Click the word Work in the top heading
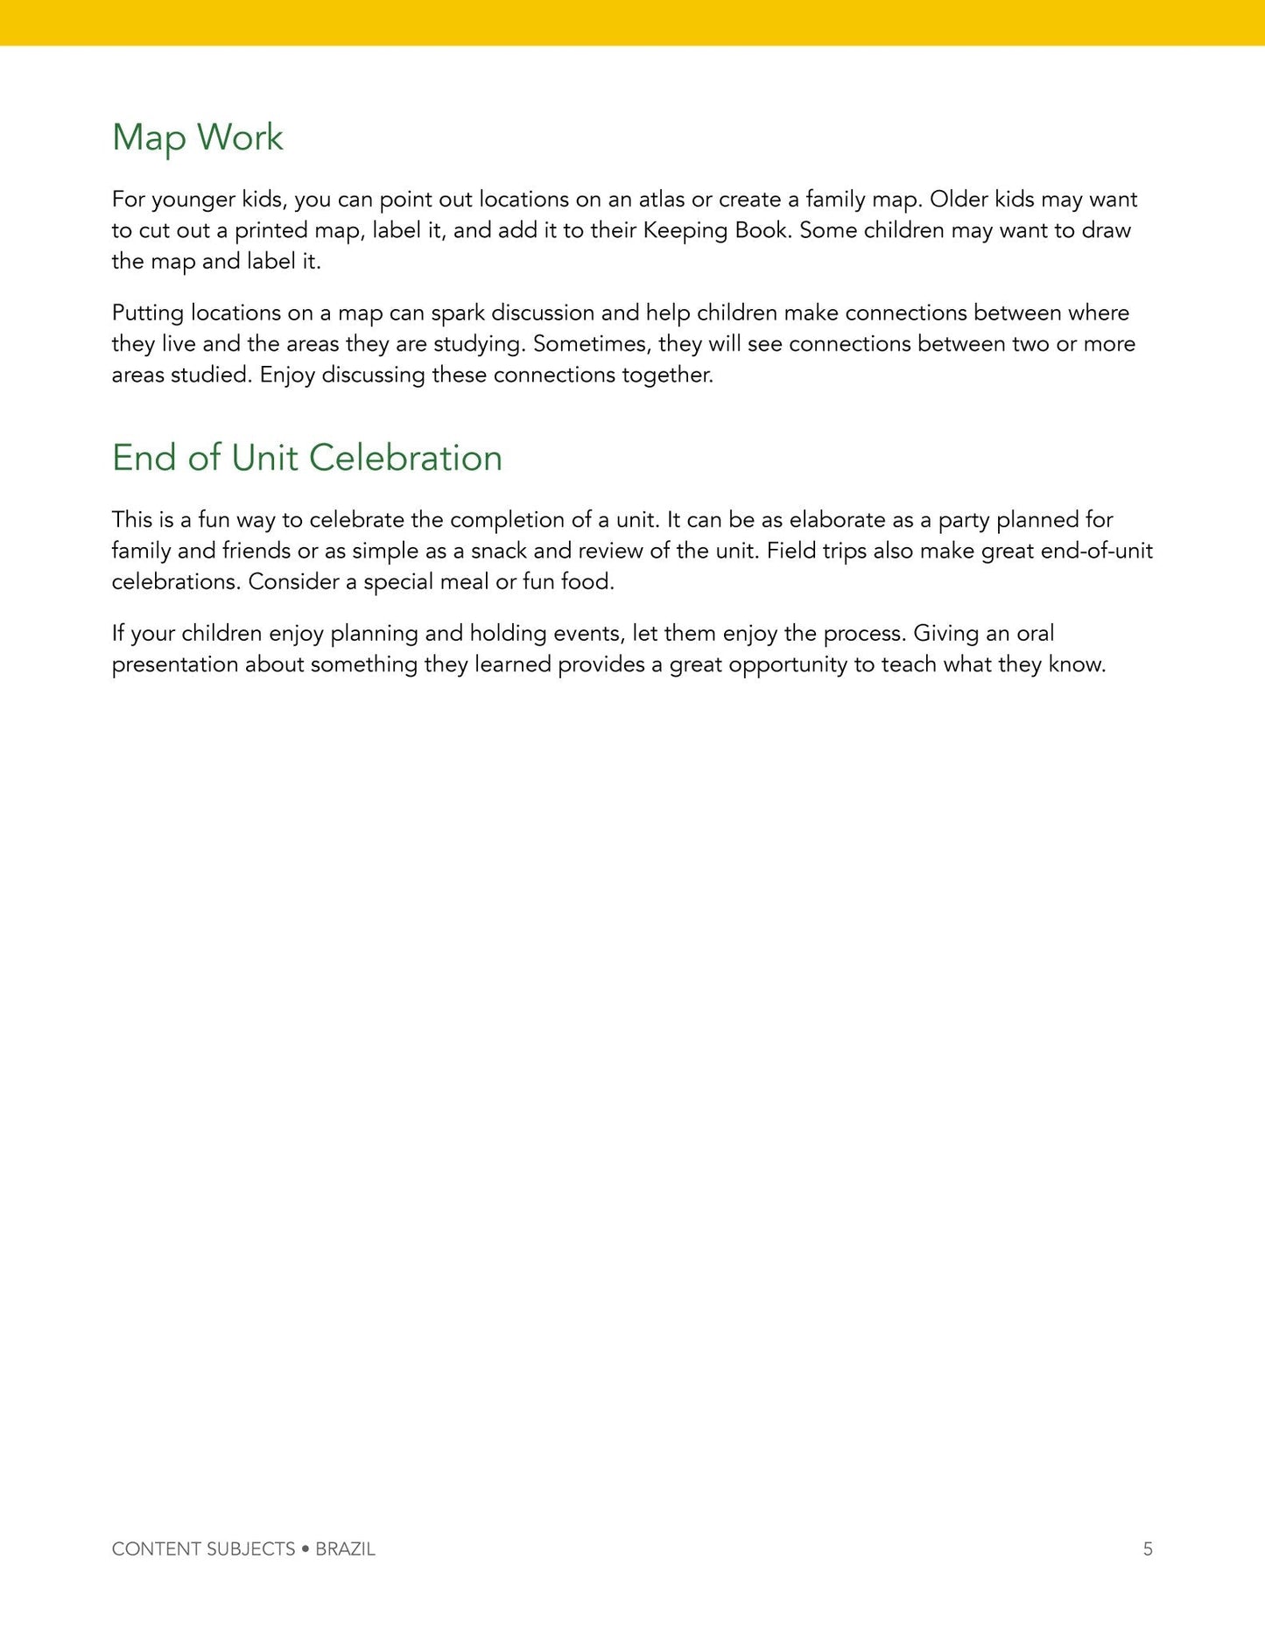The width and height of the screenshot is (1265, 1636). point(239,137)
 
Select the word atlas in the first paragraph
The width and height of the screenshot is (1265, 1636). point(661,200)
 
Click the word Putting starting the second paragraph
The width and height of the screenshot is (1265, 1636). point(147,313)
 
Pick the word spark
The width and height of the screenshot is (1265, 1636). point(457,313)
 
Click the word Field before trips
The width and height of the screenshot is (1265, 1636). point(792,551)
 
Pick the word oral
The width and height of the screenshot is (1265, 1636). point(1035,634)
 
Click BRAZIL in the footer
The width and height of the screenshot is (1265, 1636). point(345,1548)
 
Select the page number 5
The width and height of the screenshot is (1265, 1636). point(1148,1548)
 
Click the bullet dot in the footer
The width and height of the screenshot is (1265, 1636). point(306,1548)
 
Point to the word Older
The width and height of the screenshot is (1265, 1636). point(959,200)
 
